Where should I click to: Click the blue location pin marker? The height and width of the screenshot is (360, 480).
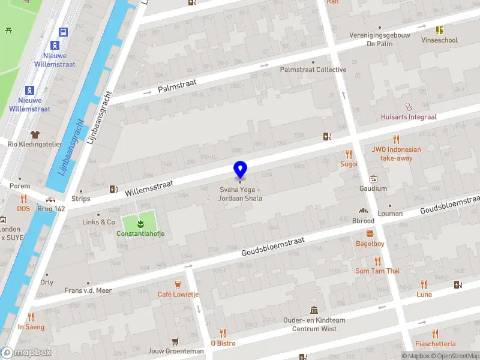[240, 170]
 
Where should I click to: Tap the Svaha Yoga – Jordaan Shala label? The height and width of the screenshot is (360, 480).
[240, 194]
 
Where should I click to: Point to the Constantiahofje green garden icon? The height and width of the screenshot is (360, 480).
[141, 224]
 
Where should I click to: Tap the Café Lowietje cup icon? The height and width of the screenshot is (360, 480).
[178, 284]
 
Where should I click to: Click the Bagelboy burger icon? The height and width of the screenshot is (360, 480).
[370, 233]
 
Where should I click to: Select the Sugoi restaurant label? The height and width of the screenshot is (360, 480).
[349, 164]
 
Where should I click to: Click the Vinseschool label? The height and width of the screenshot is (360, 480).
[439, 40]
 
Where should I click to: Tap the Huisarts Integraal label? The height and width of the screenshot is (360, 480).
[409, 117]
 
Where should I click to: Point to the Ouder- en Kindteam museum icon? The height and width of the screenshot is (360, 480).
[314, 310]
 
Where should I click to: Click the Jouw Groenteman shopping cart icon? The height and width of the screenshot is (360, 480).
[175, 341]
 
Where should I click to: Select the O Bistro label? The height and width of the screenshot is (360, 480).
[223, 343]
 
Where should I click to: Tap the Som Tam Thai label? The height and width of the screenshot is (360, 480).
[377, 271]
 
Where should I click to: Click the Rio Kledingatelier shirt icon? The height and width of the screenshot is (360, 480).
[35, 134]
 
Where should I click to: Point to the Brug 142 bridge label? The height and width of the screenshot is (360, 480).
[51, 209]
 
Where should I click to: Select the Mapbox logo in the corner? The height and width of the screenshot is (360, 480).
[26, 353]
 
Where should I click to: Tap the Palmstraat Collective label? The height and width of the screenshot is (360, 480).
[313, 70]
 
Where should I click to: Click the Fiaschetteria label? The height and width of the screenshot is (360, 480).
[435, 344]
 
